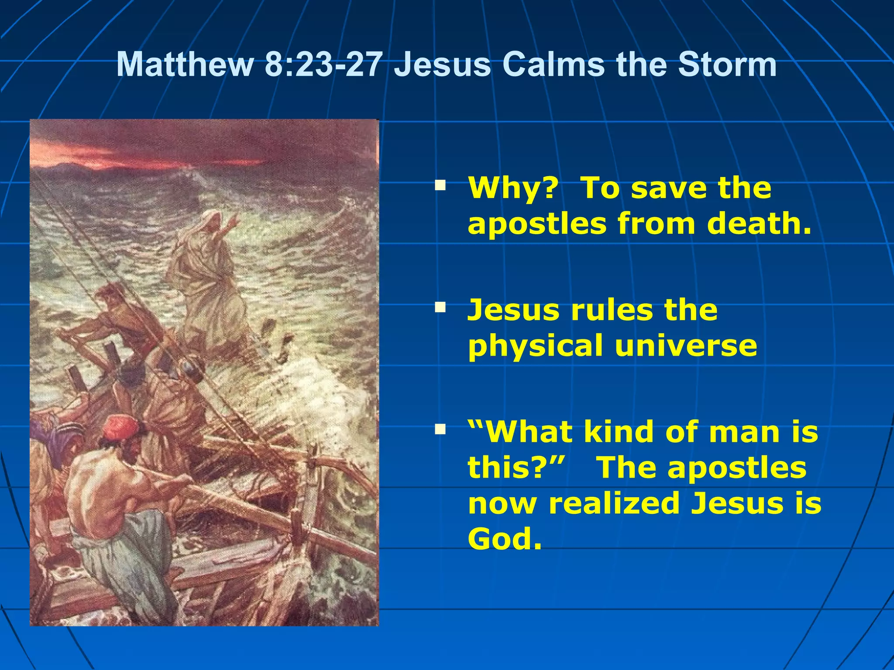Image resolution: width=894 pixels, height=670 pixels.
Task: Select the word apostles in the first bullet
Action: [537, 225]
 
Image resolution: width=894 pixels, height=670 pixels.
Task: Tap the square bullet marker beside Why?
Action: [440, 186]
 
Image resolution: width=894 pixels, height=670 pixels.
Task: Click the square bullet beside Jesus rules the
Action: [440, 308]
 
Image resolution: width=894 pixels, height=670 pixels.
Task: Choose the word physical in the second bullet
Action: [535, 346]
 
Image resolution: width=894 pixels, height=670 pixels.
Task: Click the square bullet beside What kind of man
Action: [440, 431]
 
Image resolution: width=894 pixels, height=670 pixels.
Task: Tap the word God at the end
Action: [505, 539]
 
